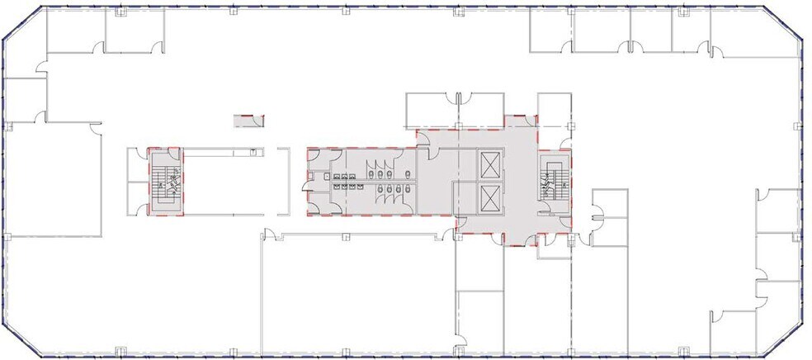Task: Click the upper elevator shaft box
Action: coord(489,164)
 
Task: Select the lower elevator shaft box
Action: coord(489,198)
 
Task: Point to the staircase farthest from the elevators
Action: coord(164,181)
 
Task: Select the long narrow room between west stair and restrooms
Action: coord(223,182)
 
